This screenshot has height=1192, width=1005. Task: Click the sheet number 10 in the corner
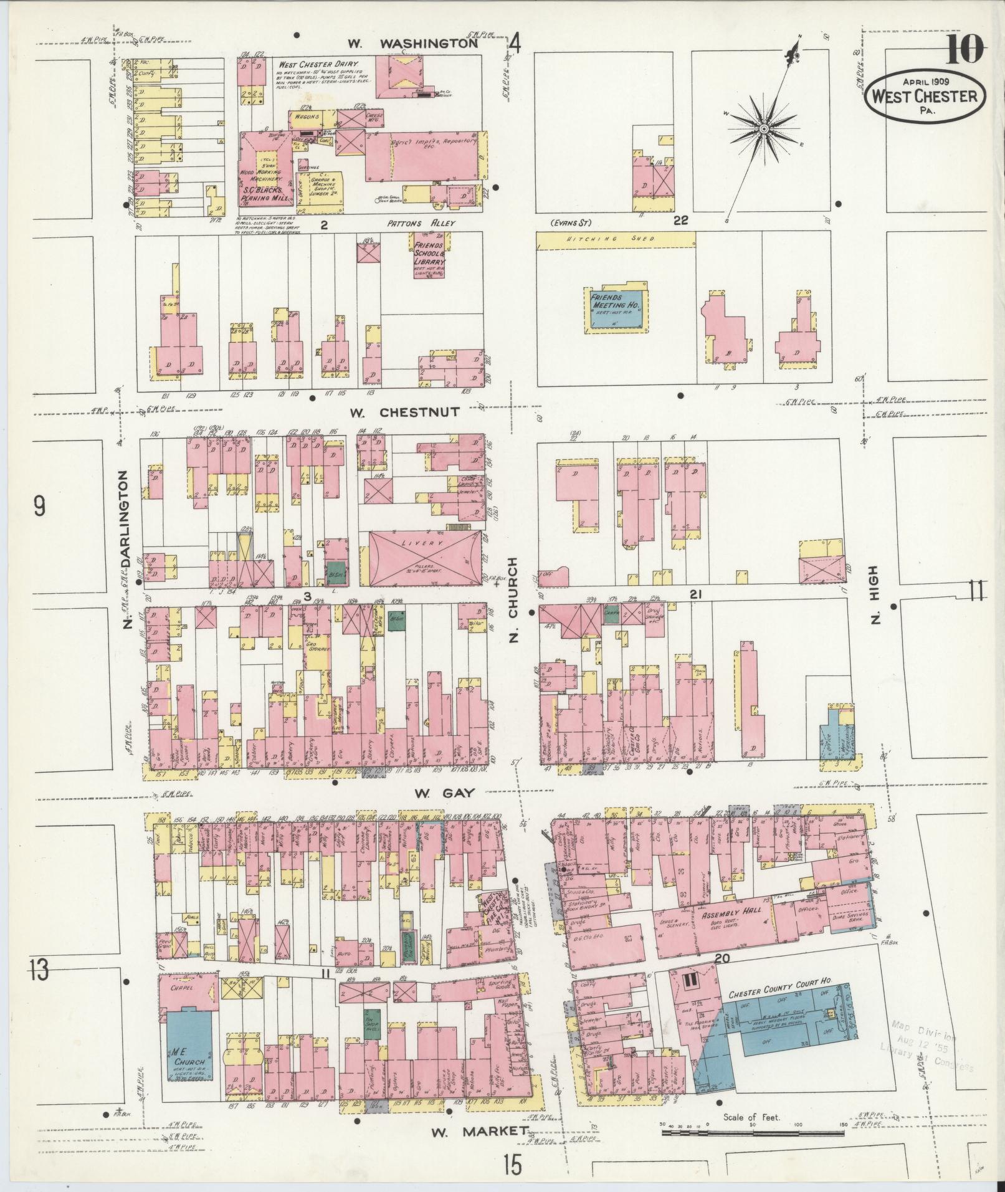965,50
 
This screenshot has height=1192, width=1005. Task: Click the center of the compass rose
763,129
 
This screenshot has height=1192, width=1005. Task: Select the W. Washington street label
412,44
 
